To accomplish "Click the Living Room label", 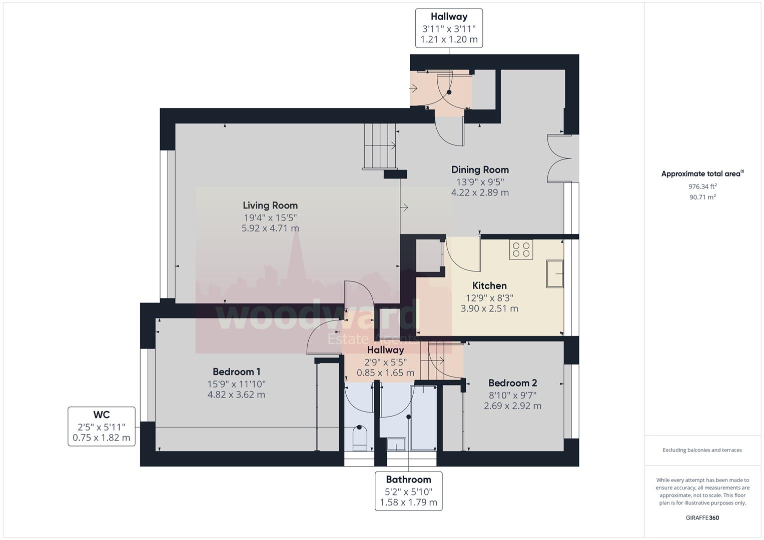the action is coord(270,205).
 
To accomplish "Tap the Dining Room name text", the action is coord(480,170).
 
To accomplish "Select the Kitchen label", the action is coord(489,285).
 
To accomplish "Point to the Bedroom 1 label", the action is coord(236,371).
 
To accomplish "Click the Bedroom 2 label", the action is coord(513,383).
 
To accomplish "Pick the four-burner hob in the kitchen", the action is coord(521,249).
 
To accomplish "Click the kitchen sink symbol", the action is coord(555,274).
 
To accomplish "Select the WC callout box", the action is coord(102,426).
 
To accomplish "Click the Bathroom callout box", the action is coord(409,491).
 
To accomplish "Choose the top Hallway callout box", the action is coord(449,28).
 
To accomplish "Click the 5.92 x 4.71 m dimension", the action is coord(270,228).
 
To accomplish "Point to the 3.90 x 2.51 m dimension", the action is coord(489,308).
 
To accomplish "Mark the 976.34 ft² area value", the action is coord(702,186).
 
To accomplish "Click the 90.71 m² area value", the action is coord(702,197).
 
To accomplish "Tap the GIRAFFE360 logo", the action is coord(702,518).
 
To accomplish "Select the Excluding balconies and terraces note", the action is coord(702,450).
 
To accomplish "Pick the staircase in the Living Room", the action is coord(380,146).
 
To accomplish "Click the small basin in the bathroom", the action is coord(396,444).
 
